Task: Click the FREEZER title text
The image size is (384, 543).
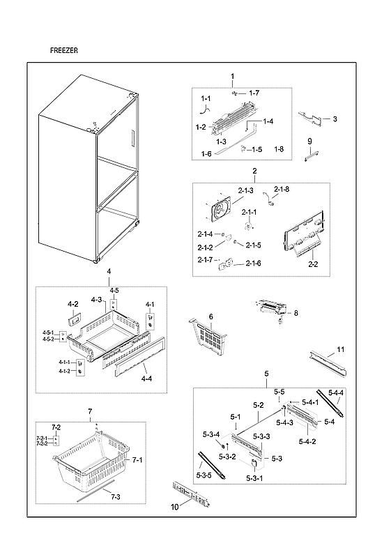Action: coord(65,51)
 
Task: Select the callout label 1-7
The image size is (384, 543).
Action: coord(254,93)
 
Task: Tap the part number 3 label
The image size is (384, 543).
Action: coord(335,119)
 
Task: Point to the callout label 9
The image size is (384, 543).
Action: coord(309,142)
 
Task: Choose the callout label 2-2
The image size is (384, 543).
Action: coord(313,264)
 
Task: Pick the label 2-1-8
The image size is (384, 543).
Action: coord(282,190)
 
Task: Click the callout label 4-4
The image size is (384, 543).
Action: coord(146,378)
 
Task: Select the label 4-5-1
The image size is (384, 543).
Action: coord(48,332)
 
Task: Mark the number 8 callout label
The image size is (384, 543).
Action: coord(295,314)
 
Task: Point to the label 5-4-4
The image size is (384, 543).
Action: coord(336,393)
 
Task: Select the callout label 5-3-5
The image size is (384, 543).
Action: coord(204,475)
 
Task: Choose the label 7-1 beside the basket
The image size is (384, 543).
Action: coord(137,460)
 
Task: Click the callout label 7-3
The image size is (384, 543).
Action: coord(114,496)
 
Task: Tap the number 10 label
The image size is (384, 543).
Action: coord(175,507)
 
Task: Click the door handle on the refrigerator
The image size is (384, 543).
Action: coord(130,139)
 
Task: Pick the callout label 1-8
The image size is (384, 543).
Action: coord(279,149)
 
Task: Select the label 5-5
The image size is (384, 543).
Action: coord(279,392)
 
